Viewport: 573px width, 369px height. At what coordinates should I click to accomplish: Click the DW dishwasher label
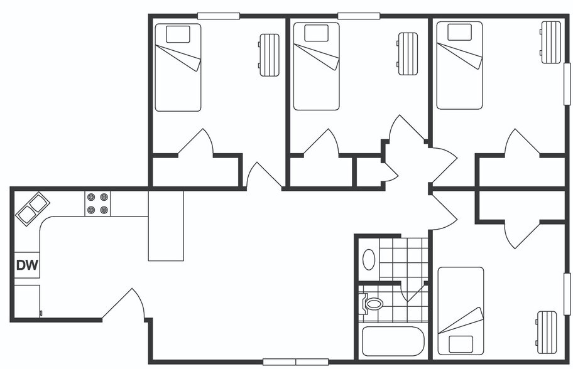click(x=27, y=265)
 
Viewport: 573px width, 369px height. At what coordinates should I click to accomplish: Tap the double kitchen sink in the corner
click(x=33, y=208)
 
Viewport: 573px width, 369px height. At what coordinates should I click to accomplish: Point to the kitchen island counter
click(x=166, y=226)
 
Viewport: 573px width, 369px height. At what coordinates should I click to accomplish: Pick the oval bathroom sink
click(x=369, y=259)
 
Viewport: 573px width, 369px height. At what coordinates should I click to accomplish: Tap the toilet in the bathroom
click(x=373, y=304)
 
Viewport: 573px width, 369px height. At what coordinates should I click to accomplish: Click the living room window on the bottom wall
click(x=295, y=361)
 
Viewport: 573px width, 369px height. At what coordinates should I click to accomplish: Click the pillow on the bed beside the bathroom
click(x=461, y=344)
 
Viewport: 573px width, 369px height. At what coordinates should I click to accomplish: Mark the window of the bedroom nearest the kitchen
click(x=218, y=16)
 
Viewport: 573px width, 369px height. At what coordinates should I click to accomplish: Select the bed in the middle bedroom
click(x=316, y=67)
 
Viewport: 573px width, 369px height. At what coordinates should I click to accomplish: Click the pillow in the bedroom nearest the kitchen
click(x=178, y=33)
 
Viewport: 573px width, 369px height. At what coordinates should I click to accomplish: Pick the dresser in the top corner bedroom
click(x=551, y=42)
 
